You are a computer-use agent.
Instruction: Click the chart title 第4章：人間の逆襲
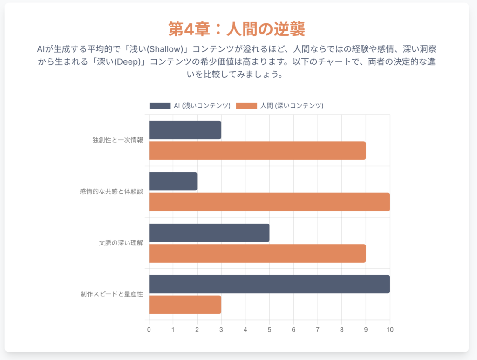[237, 29]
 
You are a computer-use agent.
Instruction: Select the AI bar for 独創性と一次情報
[185, 130]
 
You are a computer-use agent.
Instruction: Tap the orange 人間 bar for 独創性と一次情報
[257, 150]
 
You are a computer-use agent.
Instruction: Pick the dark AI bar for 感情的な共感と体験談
[173, 181]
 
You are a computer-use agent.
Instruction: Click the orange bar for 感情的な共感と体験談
[269, 202]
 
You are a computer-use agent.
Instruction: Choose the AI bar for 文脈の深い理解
[209, 232]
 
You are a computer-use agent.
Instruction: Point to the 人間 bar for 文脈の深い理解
[257, 253]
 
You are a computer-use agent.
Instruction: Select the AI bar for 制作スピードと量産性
[269, 284]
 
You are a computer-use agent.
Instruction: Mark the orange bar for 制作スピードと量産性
[185, 305]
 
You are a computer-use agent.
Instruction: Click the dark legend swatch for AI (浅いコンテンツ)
[160, 106]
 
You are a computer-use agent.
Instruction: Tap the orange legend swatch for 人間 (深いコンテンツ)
[247, 106]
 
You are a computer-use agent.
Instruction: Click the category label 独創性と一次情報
[118, 140]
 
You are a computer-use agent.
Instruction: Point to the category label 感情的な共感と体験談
[111, 191]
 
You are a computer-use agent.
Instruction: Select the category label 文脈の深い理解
[121, 243]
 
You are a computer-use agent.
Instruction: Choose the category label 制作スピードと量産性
[111, 294]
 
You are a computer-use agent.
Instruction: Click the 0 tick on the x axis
[149, 330]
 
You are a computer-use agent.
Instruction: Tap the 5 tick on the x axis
[269, 330]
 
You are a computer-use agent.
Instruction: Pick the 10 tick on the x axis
[390, 330]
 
